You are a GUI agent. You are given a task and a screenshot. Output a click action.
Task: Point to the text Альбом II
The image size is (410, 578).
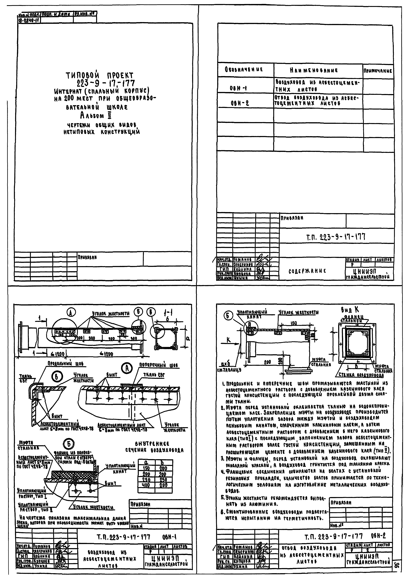click(95, 116)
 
